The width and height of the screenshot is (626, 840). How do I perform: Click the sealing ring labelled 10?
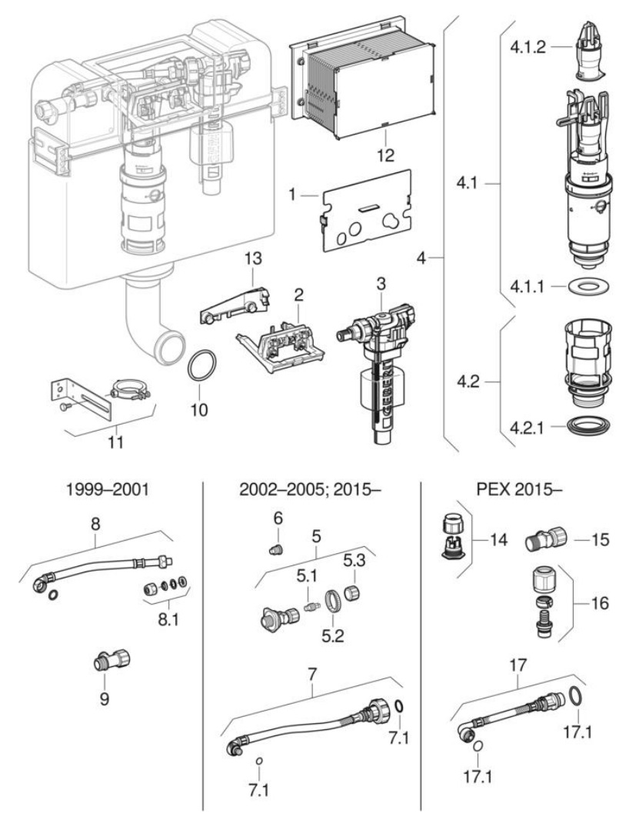188,366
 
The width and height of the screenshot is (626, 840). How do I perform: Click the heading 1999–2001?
107,489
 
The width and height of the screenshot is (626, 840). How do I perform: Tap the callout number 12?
385,155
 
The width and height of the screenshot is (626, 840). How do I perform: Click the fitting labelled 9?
112,661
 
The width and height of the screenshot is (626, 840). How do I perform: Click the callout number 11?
115,442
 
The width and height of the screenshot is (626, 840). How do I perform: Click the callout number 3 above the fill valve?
381,284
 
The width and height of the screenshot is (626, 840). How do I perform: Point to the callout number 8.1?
168,620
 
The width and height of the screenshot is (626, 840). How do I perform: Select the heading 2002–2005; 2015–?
310,489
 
